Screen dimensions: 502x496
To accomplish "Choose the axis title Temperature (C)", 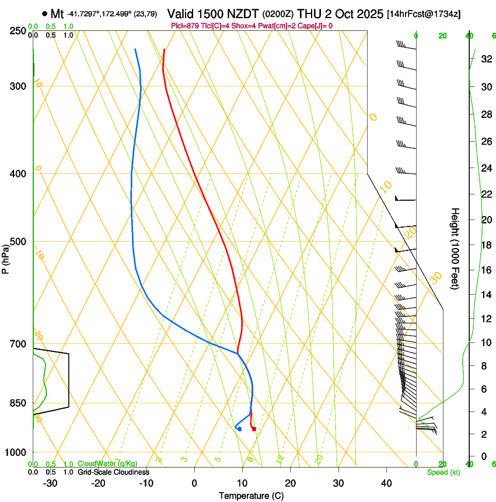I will (x=251, y=496).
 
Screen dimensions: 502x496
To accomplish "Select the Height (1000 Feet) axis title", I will (x=455, y=249).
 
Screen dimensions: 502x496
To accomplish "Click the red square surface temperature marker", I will (x=254, y=429).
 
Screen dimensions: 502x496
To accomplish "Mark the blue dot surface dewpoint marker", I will (x=240, y=429).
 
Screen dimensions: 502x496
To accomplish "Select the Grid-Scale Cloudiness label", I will (x=113, y=472).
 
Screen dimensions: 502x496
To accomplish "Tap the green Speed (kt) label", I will (x=443, y=472).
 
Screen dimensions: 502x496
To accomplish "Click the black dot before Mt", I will (x=45, y=13).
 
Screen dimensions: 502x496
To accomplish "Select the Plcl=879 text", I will (x=186, y=26).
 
